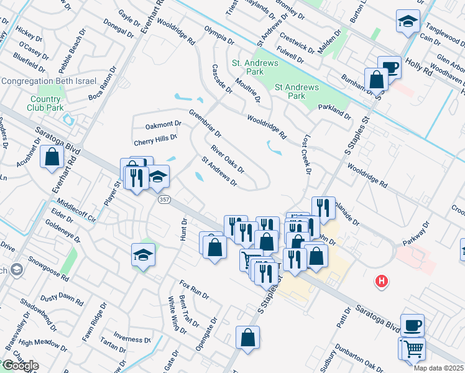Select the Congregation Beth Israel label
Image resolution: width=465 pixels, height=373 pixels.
pos(48,81)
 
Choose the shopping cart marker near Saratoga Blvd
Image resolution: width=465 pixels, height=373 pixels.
pos(412,349)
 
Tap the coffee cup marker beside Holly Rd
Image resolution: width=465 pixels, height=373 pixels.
pos(390,67)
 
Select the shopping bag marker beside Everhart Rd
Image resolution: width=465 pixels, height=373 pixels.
pos(52,157)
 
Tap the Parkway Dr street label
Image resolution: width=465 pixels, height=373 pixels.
pos(417,234)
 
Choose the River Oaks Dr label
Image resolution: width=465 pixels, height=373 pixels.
pos(227,159)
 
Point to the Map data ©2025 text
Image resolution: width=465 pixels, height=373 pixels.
pos(439,368)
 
